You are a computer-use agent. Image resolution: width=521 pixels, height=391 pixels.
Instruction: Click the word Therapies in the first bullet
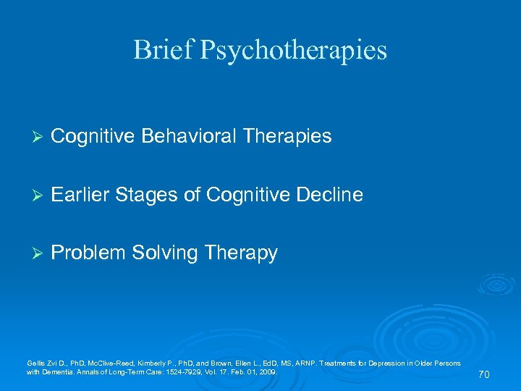pos(287,137)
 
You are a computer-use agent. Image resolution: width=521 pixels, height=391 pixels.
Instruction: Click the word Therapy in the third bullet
pos(241,253)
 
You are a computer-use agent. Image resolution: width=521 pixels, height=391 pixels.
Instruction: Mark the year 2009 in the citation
pos(267,371)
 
